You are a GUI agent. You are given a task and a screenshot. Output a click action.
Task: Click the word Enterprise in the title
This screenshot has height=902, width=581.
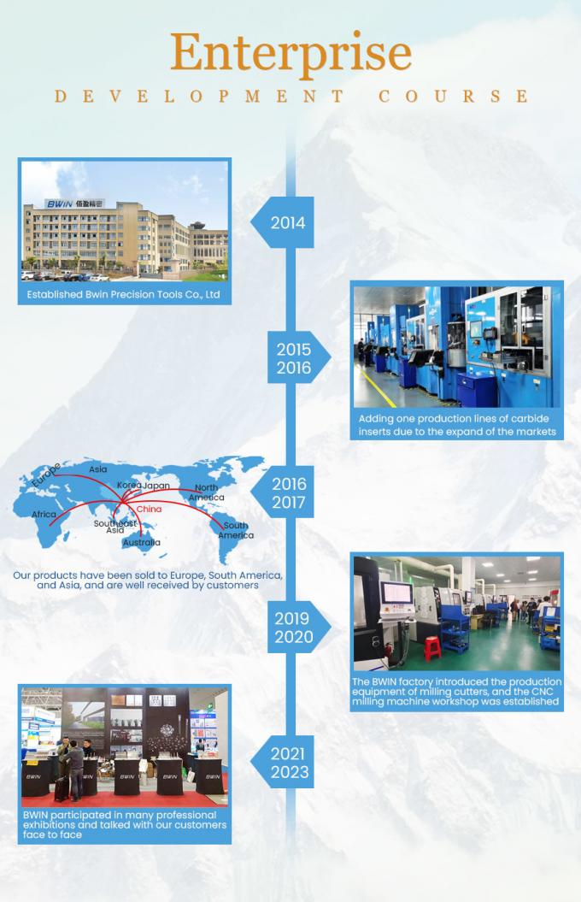point(290,53)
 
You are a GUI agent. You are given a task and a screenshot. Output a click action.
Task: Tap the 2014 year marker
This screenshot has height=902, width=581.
point(287,223)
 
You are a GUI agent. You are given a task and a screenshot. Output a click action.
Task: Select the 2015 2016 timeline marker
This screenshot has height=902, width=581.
point(293,359)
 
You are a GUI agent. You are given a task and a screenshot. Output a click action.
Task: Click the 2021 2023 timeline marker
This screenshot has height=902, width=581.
point(289,763)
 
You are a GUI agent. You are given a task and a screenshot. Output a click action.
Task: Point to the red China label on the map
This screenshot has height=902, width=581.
point(149,509)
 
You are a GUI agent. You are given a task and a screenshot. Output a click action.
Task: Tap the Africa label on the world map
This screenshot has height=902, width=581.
point(44,515)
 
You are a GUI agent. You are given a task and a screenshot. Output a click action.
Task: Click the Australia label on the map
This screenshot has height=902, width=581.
point(140,542)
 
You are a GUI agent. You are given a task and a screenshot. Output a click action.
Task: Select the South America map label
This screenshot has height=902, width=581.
point(235,530)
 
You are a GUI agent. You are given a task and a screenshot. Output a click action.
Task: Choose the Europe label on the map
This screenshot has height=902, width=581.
point(45,475)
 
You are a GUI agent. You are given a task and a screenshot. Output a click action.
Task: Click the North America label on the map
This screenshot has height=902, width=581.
point(206,492)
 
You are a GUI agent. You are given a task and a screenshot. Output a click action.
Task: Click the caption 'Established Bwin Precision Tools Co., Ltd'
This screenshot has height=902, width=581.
point(124,295)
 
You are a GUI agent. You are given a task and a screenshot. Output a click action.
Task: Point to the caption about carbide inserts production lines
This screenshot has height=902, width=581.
point(457,425)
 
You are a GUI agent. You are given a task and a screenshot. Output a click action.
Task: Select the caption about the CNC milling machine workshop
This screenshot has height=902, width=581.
point(456,692)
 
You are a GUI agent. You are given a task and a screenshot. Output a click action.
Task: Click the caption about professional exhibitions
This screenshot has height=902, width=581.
point(125,825)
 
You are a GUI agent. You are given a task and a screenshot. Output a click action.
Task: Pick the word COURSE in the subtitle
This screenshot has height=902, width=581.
point(453,96)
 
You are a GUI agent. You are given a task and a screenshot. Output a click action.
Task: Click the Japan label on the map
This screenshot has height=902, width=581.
point(156,486)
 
